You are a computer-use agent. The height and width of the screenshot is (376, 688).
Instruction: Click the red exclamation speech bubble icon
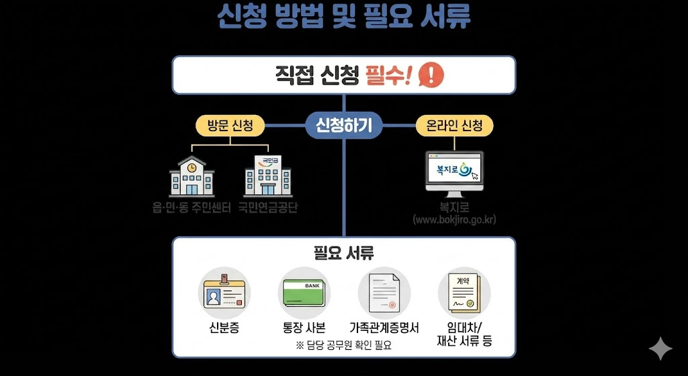431,74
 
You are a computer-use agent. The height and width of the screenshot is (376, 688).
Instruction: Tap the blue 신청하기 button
343,124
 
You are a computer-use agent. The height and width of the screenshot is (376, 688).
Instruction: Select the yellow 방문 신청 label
230,125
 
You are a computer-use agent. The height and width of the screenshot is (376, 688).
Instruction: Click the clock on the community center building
192,166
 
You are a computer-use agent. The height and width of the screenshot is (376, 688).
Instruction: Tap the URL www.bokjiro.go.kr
455,220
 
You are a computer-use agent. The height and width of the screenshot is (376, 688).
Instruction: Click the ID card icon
224,293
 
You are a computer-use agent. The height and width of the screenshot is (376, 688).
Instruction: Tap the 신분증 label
224,328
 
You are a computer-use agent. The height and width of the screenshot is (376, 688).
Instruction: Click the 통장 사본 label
304,328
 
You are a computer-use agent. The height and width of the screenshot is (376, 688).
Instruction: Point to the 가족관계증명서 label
384,328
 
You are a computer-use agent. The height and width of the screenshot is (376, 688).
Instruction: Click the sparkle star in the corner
660,348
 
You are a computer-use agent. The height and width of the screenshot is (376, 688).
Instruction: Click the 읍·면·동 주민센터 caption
191,207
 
